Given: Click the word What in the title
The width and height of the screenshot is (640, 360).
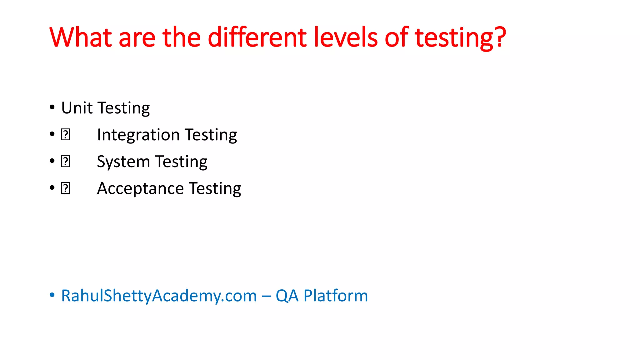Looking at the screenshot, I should (x=80, y=37).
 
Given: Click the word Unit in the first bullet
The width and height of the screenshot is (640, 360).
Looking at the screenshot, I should (x=77, y=108).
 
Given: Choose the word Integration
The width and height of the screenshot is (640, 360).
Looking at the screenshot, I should (x=138, y=135).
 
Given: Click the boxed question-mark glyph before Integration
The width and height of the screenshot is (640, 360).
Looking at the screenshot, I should (x=66, y=135).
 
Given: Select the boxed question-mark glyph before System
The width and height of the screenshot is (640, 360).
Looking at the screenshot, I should (x=66, y=162).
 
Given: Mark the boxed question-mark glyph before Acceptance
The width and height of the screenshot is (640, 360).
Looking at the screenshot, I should (x=66, y=188).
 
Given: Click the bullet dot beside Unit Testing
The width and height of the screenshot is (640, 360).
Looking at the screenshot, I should (x=52, y=107).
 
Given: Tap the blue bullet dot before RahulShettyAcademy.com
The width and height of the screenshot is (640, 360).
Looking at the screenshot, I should (x=52, y=295).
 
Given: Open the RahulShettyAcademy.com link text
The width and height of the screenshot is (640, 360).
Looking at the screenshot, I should (x=159, y=296).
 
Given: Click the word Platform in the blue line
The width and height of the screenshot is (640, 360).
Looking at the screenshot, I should (x=336, y=296).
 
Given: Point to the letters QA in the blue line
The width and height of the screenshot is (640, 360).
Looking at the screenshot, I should (x=287, y=296).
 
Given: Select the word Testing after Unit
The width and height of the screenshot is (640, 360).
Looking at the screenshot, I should (x=124, y=108).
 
